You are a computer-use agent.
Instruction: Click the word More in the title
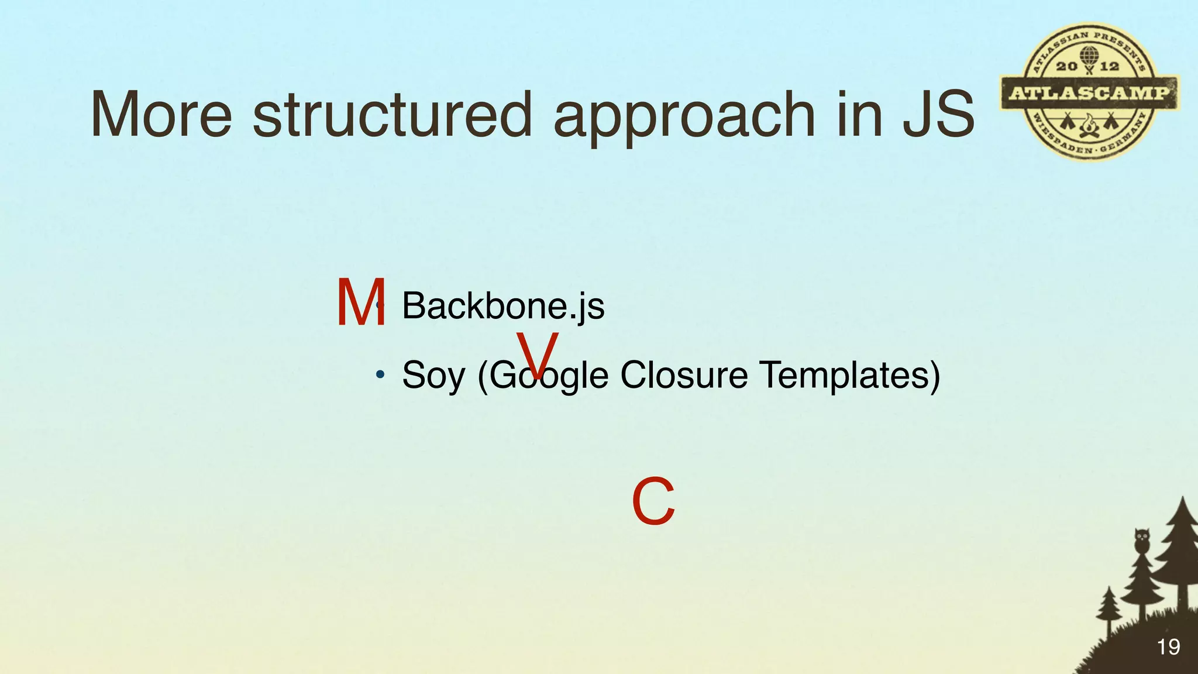[161, 115]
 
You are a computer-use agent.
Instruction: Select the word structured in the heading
[392, 115]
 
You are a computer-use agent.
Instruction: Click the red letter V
[537, 354]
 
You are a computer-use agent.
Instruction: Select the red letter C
[653, 501]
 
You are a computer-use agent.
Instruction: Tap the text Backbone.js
[503, 306]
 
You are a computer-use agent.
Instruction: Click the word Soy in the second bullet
[433, 375]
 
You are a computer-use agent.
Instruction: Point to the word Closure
[683, 374]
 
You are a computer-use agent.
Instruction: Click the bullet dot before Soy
[380, 374]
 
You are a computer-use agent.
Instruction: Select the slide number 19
[1168, 647]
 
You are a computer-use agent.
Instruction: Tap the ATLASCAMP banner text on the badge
[1089, 93]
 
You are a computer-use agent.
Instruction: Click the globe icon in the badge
[1088, 57]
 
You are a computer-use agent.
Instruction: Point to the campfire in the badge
[1089, 126]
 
